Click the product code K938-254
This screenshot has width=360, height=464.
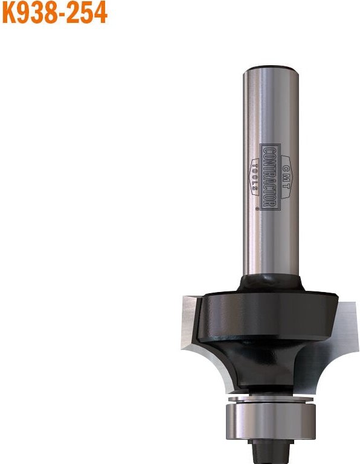[54, 13]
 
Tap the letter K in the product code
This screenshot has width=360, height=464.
[10, 13]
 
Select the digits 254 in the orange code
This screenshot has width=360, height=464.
[89, 13]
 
